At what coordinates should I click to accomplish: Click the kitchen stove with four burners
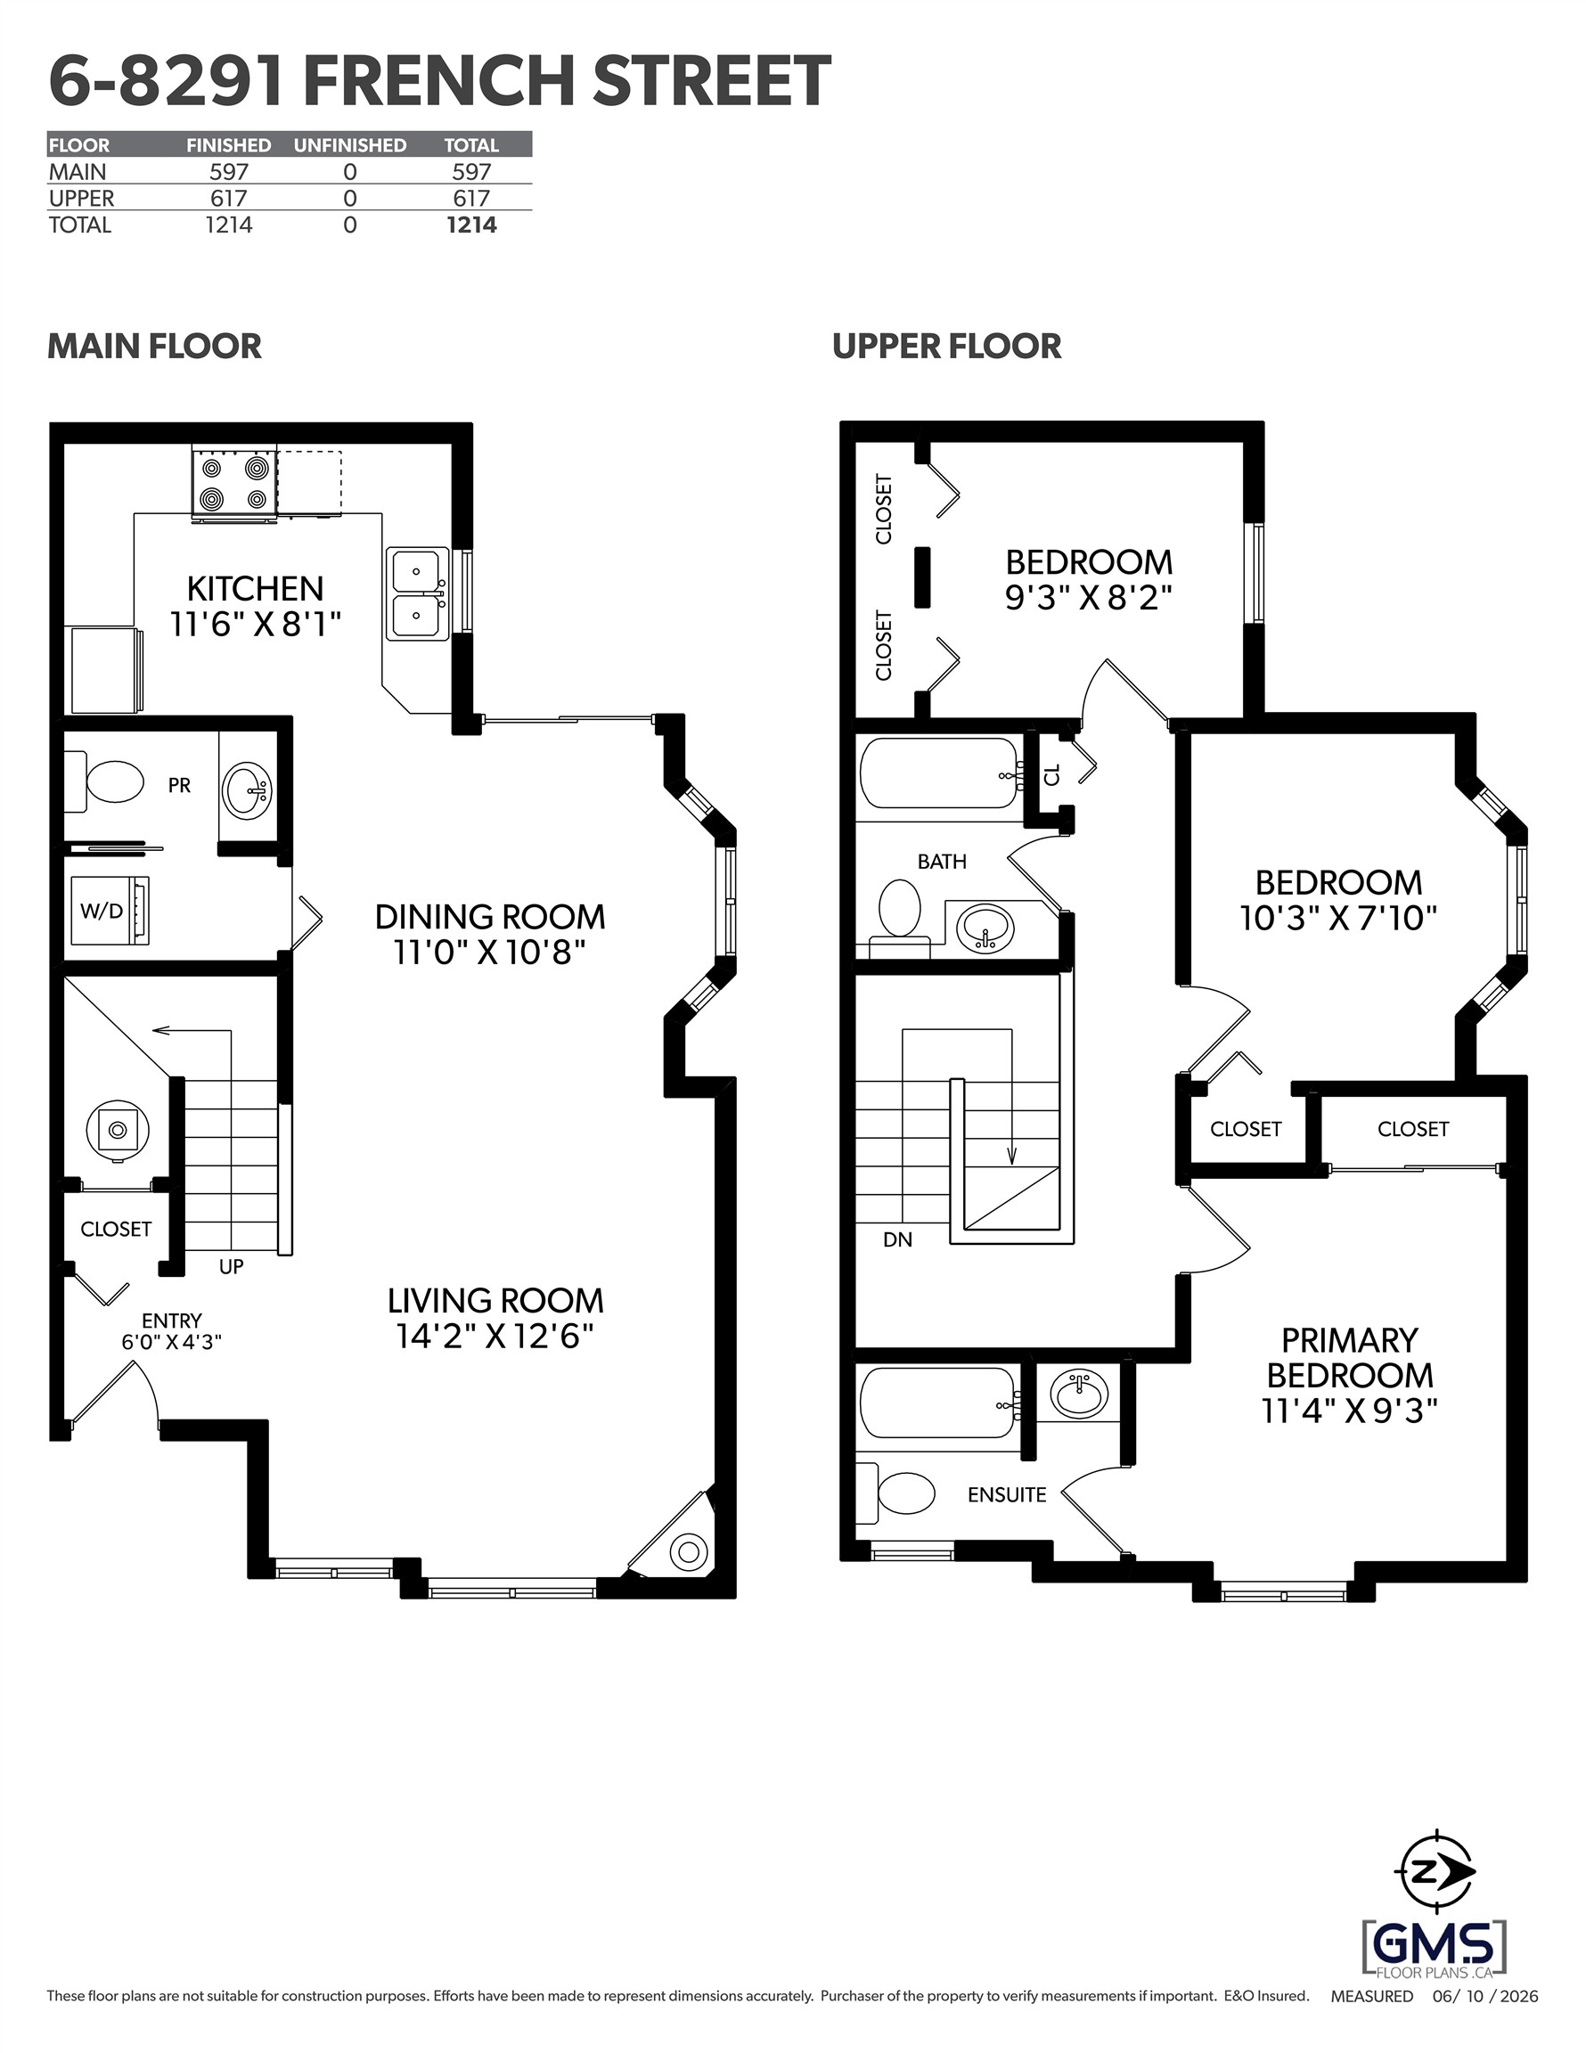tap(234, 483)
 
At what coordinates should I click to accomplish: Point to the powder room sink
tap(246, 788)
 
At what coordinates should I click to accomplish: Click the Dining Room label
tap(490, 917)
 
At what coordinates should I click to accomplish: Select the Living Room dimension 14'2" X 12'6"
tap(495, 1336)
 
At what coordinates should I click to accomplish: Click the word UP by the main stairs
tap(232, 1266)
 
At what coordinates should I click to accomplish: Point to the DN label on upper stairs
tap(898, 1239)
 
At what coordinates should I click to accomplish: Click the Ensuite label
tap(1007, 1494)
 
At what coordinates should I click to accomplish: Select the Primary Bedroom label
tap(1350, 1357)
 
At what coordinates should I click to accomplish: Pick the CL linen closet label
tap(1052, 774)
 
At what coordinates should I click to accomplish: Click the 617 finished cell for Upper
tap(228, 199)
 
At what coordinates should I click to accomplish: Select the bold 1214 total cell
tap(472, 225)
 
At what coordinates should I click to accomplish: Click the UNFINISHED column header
tap(350, 144)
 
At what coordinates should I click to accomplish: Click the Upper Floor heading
tap(947, 346)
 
